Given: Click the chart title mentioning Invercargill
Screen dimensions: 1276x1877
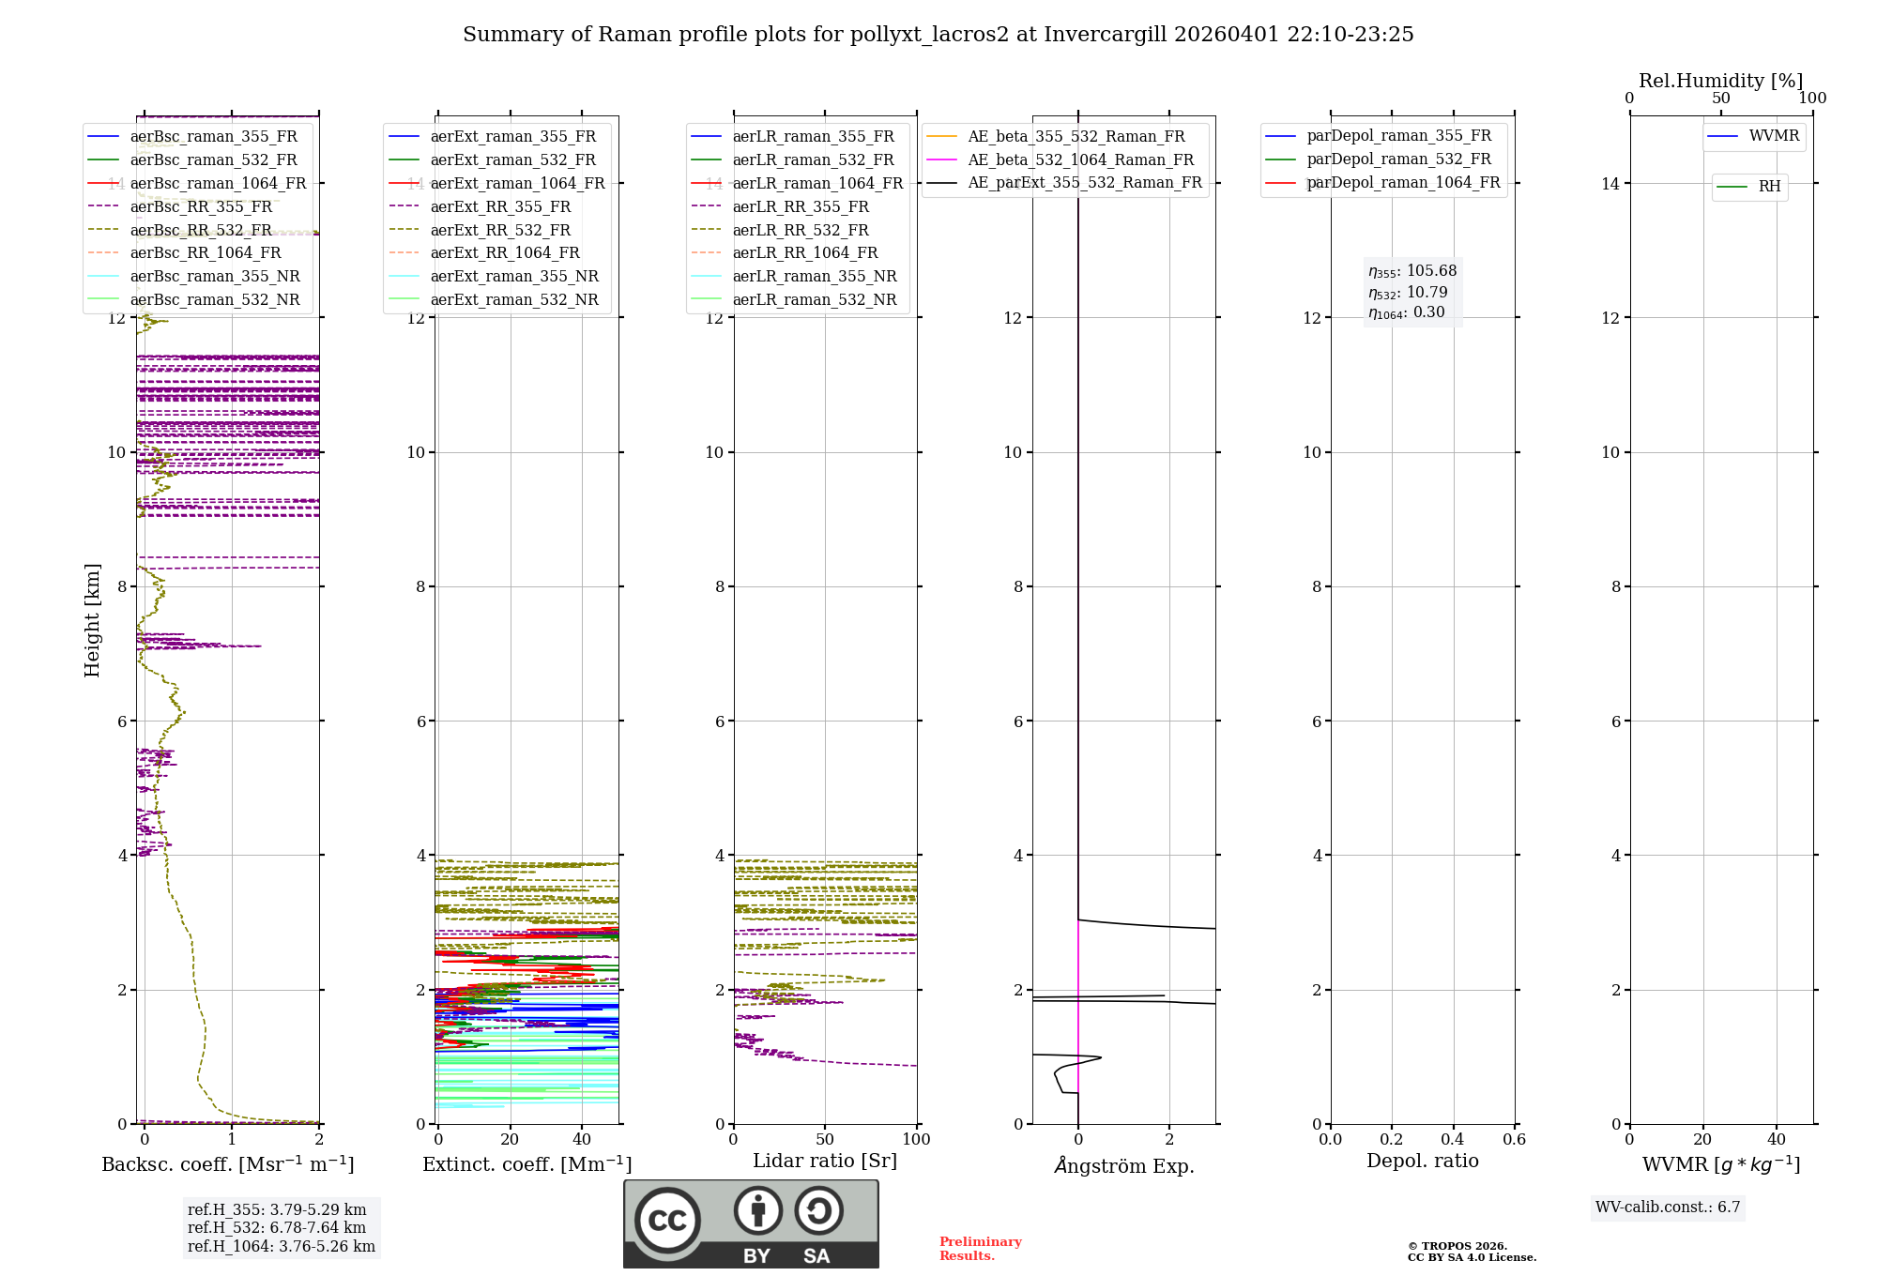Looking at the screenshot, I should click(938, 35).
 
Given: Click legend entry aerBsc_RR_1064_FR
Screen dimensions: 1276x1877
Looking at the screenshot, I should click(205, 253).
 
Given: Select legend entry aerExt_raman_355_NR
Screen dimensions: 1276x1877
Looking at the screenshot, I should click(513, 277).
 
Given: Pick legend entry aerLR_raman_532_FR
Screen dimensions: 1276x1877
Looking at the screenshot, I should click(813, 160).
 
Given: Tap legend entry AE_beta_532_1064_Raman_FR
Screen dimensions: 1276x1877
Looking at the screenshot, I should click(1080, 160).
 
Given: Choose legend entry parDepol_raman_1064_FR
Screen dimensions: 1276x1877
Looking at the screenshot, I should click(1403, 183).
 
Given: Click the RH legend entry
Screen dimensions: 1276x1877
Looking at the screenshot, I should click(1769, 187).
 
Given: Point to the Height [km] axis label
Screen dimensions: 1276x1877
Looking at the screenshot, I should click(92, 619).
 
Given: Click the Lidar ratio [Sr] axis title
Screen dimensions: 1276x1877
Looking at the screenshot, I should click(824, 1162).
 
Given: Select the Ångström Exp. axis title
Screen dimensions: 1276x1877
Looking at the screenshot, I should click(1123, 1166).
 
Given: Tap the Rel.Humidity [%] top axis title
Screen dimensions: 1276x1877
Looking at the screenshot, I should click(1720, 81).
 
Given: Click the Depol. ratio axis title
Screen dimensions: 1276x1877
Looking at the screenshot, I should click(1422, 1162).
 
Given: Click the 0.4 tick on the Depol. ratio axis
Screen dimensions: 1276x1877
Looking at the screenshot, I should click(1453, 1140).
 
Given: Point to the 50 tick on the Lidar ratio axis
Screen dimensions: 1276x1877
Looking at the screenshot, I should click(825, 1140).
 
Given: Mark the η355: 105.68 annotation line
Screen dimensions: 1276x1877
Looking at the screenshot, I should click(1412, 271).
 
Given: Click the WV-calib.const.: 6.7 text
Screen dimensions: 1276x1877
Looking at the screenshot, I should click(1668, 1208).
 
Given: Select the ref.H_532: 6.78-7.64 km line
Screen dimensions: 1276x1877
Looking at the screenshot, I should click(277, 1228).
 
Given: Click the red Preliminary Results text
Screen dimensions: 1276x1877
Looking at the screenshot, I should click(980, 1249).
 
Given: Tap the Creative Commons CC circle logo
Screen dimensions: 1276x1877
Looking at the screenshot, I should click(667, 1221).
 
